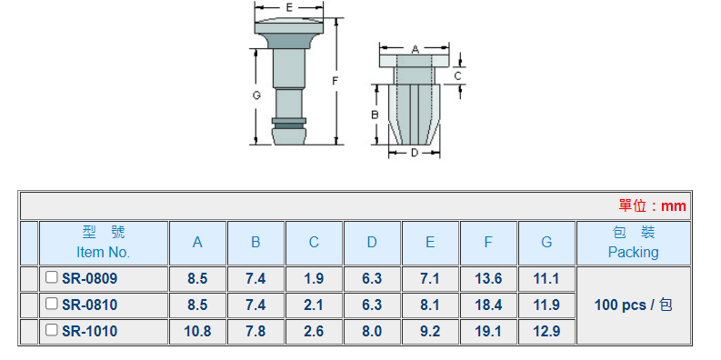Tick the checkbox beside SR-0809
[52, 277]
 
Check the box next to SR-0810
[52, 304]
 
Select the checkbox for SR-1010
[52, 330]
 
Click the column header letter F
[488, 243]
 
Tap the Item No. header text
[103, 252]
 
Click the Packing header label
[633, 252]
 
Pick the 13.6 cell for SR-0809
[488, 278]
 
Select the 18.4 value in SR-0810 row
[488, 305]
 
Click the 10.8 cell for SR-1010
[197, 332]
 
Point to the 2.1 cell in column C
[314, 305]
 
